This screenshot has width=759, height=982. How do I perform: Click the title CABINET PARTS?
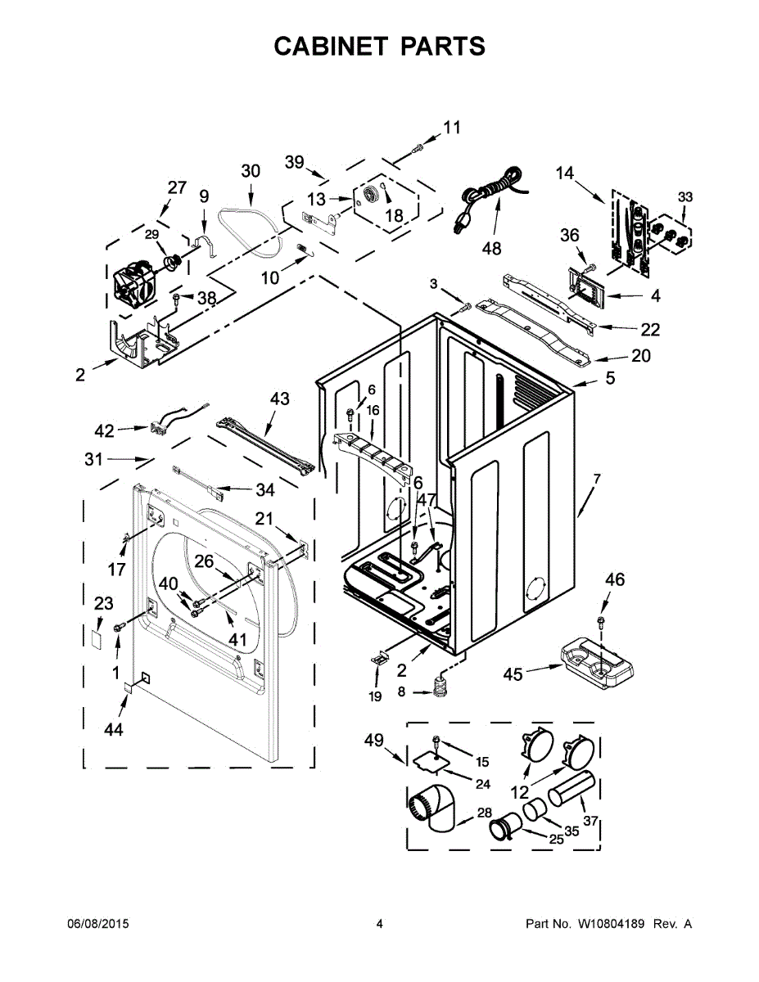click(379, 47)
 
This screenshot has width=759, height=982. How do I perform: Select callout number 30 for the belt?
click(251, 171)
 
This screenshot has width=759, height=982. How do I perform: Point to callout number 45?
click(513, 673)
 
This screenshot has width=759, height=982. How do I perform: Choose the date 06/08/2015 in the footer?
click(97, 924)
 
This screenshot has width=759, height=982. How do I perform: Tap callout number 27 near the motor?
click(178, 187)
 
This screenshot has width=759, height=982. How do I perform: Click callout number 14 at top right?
click(565, 173)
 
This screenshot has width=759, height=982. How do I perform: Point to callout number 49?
click(374, 741)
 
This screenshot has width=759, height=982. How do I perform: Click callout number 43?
click(279, 399)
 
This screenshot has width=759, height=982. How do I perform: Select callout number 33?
click(685, 196)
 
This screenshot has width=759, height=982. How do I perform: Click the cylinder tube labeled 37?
click(570, 791)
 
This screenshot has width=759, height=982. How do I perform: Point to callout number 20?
click(641, 356)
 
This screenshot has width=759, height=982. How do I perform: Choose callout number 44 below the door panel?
click(114, 729)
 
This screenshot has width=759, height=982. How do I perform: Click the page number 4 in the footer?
click(379, 924)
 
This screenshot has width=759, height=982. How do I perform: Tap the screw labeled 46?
click(602, 624)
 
